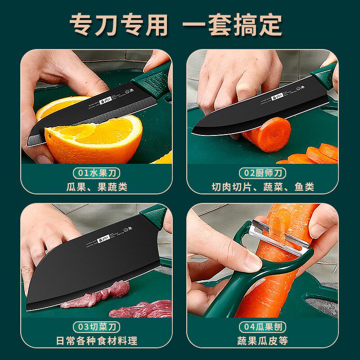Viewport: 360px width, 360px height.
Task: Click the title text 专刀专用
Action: (119, 25)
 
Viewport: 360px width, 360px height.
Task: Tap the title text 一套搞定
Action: (232, 25)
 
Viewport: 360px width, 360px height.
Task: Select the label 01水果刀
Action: (97, 173)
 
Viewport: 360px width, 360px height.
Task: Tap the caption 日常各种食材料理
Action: (97, 341)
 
